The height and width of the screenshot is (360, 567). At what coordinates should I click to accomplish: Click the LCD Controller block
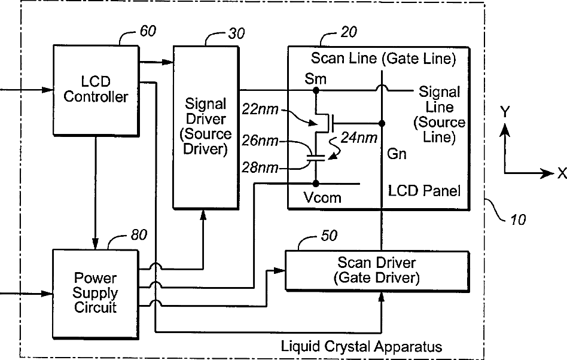tap(96, 90)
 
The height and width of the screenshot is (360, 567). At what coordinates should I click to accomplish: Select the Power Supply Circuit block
tap(96, 294)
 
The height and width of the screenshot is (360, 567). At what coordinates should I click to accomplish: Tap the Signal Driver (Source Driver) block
tap(206, 127)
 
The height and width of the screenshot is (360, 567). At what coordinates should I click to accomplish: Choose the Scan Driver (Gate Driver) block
tap(377, 271)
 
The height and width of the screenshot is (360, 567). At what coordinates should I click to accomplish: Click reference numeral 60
tap(148, 31)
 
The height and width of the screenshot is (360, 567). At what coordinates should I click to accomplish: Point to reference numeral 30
tap(236, 33)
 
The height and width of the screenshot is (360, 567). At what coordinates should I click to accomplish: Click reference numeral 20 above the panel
tap(349, 32)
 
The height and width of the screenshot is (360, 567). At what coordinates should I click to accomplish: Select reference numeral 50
tap(329, 236)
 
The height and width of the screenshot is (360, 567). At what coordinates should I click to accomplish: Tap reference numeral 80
tap(139, 235)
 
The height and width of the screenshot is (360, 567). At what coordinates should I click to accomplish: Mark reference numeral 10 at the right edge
tap(518, 219)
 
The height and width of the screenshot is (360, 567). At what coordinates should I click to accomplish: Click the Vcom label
tap(322, 198)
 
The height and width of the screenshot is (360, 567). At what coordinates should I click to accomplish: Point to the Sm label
tap(315, 79)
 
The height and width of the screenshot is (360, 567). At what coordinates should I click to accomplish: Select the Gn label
tap(397, 154)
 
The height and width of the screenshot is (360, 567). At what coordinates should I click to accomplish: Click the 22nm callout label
tap(260, 109)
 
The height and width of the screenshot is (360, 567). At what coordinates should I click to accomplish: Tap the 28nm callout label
tap(260, 167)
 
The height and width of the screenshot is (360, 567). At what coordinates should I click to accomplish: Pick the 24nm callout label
tap(359, 138)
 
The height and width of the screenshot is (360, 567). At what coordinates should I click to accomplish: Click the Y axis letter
tap(505, 112)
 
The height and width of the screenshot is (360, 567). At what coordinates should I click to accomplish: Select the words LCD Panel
tap(424, 191)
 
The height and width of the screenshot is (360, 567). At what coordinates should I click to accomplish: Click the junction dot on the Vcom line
tap(316, 184)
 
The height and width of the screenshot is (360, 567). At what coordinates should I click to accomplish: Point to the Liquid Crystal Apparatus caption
tap(362, 346)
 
